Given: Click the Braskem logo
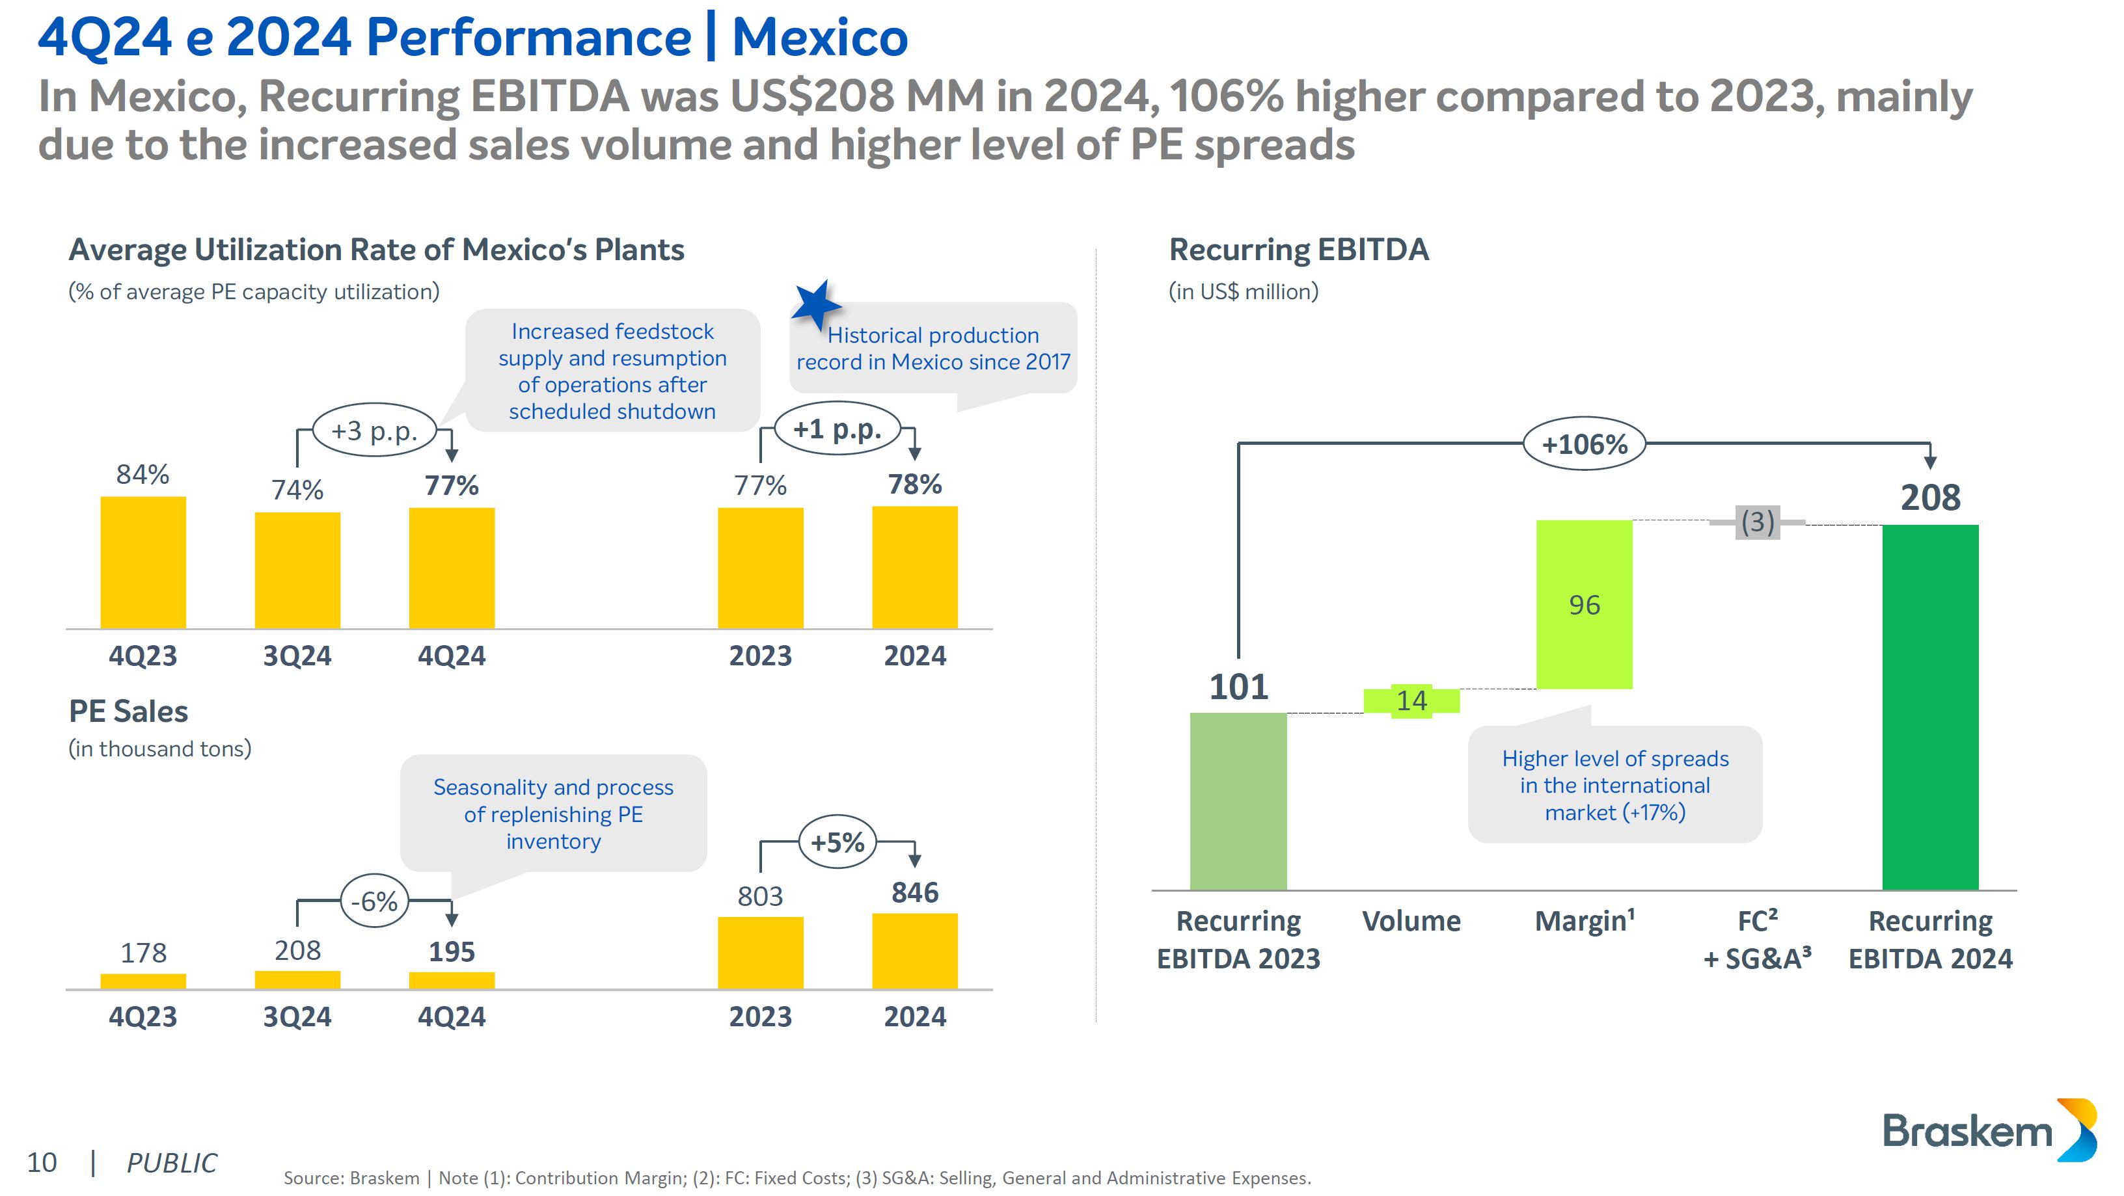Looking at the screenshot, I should tap(1988, 1130).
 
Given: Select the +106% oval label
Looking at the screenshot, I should tap(1584, 444).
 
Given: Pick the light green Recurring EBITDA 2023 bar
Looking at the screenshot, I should tap(1238, 801).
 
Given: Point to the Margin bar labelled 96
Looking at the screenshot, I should tap(1584, 604).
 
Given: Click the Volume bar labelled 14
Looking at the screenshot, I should tap(1411, 700).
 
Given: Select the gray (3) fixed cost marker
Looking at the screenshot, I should tap(1757, 522).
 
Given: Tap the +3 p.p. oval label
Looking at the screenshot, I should tap(374, 431).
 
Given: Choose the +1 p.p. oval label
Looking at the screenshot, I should tap(837, 429).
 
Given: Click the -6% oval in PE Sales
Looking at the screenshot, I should tap(374, 900).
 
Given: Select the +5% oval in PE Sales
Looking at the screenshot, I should tap(837, 842).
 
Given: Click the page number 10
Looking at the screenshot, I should tap(42, 1162).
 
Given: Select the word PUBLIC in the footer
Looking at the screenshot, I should tap(172, 1162).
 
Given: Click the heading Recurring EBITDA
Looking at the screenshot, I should tap(1299, 249).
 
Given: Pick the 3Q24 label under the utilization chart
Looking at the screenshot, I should tap(297, 656).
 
